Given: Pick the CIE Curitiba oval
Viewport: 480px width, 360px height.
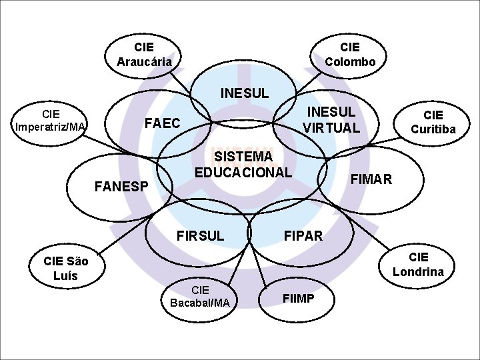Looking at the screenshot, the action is tap(433, 122).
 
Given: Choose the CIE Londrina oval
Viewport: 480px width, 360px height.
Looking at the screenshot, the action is tap(418, 265).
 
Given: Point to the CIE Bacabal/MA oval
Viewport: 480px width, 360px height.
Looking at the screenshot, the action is tap(200, 296).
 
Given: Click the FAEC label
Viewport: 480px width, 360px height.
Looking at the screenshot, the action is tap(163, 123).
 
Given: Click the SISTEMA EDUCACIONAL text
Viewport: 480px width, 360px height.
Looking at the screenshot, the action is tap(243, 164).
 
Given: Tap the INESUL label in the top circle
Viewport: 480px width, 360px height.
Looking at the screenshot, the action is tap(244, 93).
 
